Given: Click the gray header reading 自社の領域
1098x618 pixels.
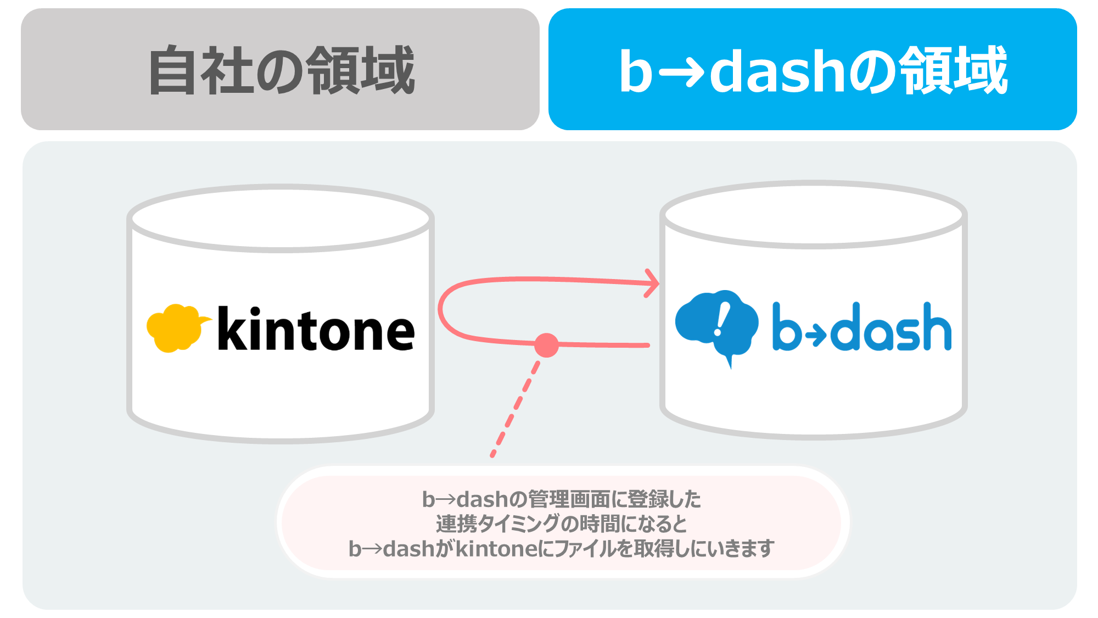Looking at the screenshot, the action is (x=280, y=69).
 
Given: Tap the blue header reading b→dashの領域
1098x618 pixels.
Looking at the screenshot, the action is (x=813, y=69).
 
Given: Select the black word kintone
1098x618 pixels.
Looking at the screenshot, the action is (x=316, y=329).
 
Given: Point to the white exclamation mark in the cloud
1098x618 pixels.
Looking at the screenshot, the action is (x=722, y=320).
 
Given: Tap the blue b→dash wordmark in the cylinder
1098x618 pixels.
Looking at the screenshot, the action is (x=862, y=327).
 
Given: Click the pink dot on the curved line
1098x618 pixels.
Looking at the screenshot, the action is (x=546, y=345).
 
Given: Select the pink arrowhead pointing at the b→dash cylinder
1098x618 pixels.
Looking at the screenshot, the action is (x=652, y=283).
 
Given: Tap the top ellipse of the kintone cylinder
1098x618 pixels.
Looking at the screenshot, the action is (x=281, y=218).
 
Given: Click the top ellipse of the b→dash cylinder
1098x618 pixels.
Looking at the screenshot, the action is (x=813, y=215).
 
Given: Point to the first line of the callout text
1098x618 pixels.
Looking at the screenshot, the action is (x=562, y=499).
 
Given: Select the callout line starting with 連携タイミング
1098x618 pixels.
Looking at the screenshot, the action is (x=562, y=524).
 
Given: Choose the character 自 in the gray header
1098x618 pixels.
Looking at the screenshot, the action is (x=172, y=70).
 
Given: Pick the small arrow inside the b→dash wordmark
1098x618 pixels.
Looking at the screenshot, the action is (x=817, y=334).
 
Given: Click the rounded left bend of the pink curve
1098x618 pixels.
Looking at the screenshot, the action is (x=441, y=310).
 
